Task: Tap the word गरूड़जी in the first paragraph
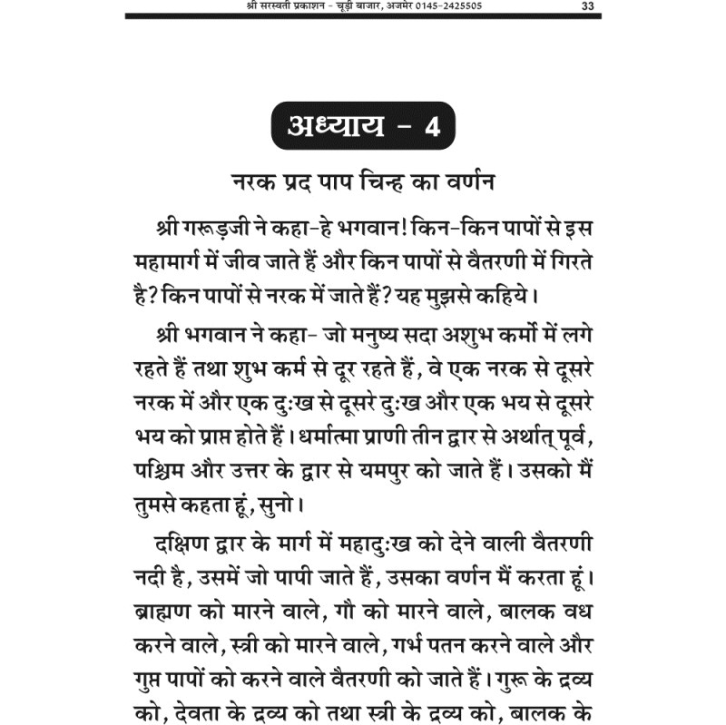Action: [x=212, y=226]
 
